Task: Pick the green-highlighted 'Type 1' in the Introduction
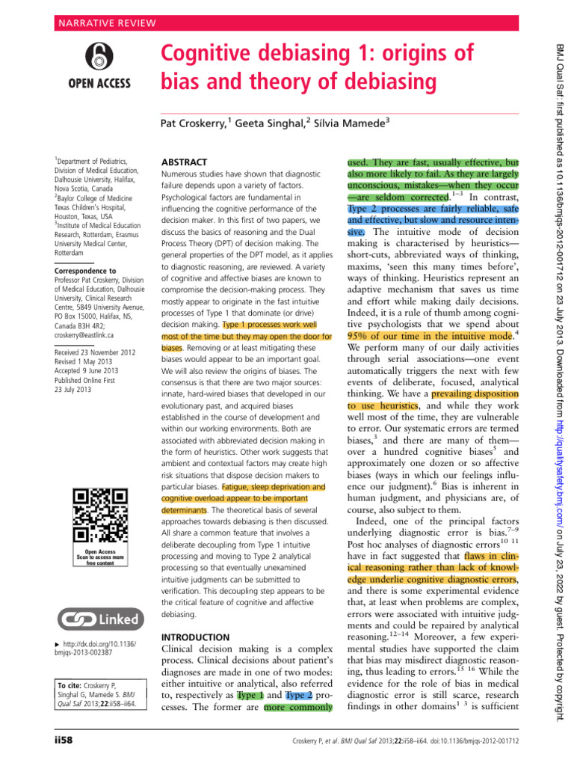click(250, 696)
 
